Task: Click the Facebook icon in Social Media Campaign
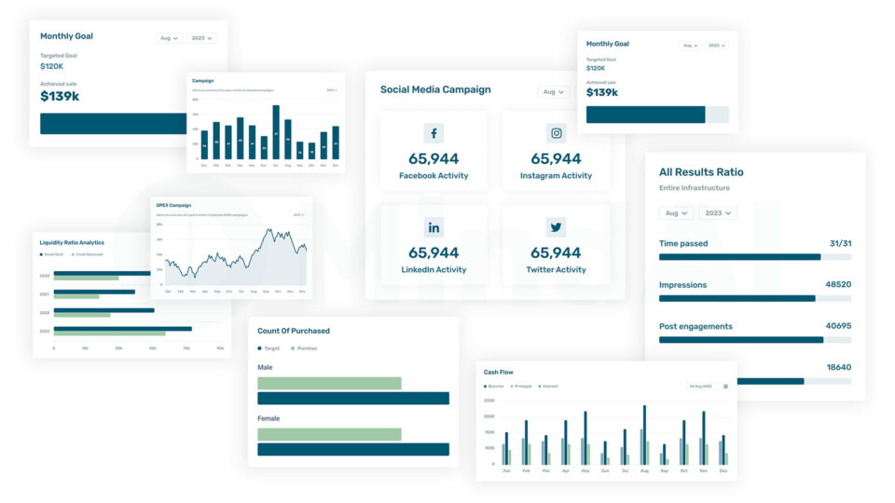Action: pyautogui.click(x=434, y=133)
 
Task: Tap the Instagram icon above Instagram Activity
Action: pyautogui.click(x=557, y=133)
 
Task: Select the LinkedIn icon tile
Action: pyautogui.click(x=434, y=227)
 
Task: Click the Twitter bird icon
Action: pyautogui.click(x=557, y=227)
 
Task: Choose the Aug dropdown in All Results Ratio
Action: pyautogui.click(x=676, y=212)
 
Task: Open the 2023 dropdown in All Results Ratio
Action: pyautogui.click(x=718, y=212)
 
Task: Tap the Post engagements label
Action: pyautogui.click(x=695, y=326)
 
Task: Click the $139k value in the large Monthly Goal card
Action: pyautogui.click(x=60, y=96)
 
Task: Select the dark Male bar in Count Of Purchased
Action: pyautogui.click(x=353, y=399)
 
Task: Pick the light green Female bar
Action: pyautogui.click(x=329, y=434)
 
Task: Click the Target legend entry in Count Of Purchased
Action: pyautogui.click(x=268, y=348)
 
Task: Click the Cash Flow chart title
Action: pyautogui.click(x=499, y=373)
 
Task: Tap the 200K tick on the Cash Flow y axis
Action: pyautogui.click(x=489, y=401)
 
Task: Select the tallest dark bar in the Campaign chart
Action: pyautogui.click(x=276, y=131)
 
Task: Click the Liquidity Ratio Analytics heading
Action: pyautogui.click(x=72, y=242)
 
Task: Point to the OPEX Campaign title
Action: pyautogui.click(x=173, y=206)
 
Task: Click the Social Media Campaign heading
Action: pyautogui.click(x=435, y=90)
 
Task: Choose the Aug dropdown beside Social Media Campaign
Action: pyautogui.click(x=552, y=92)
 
